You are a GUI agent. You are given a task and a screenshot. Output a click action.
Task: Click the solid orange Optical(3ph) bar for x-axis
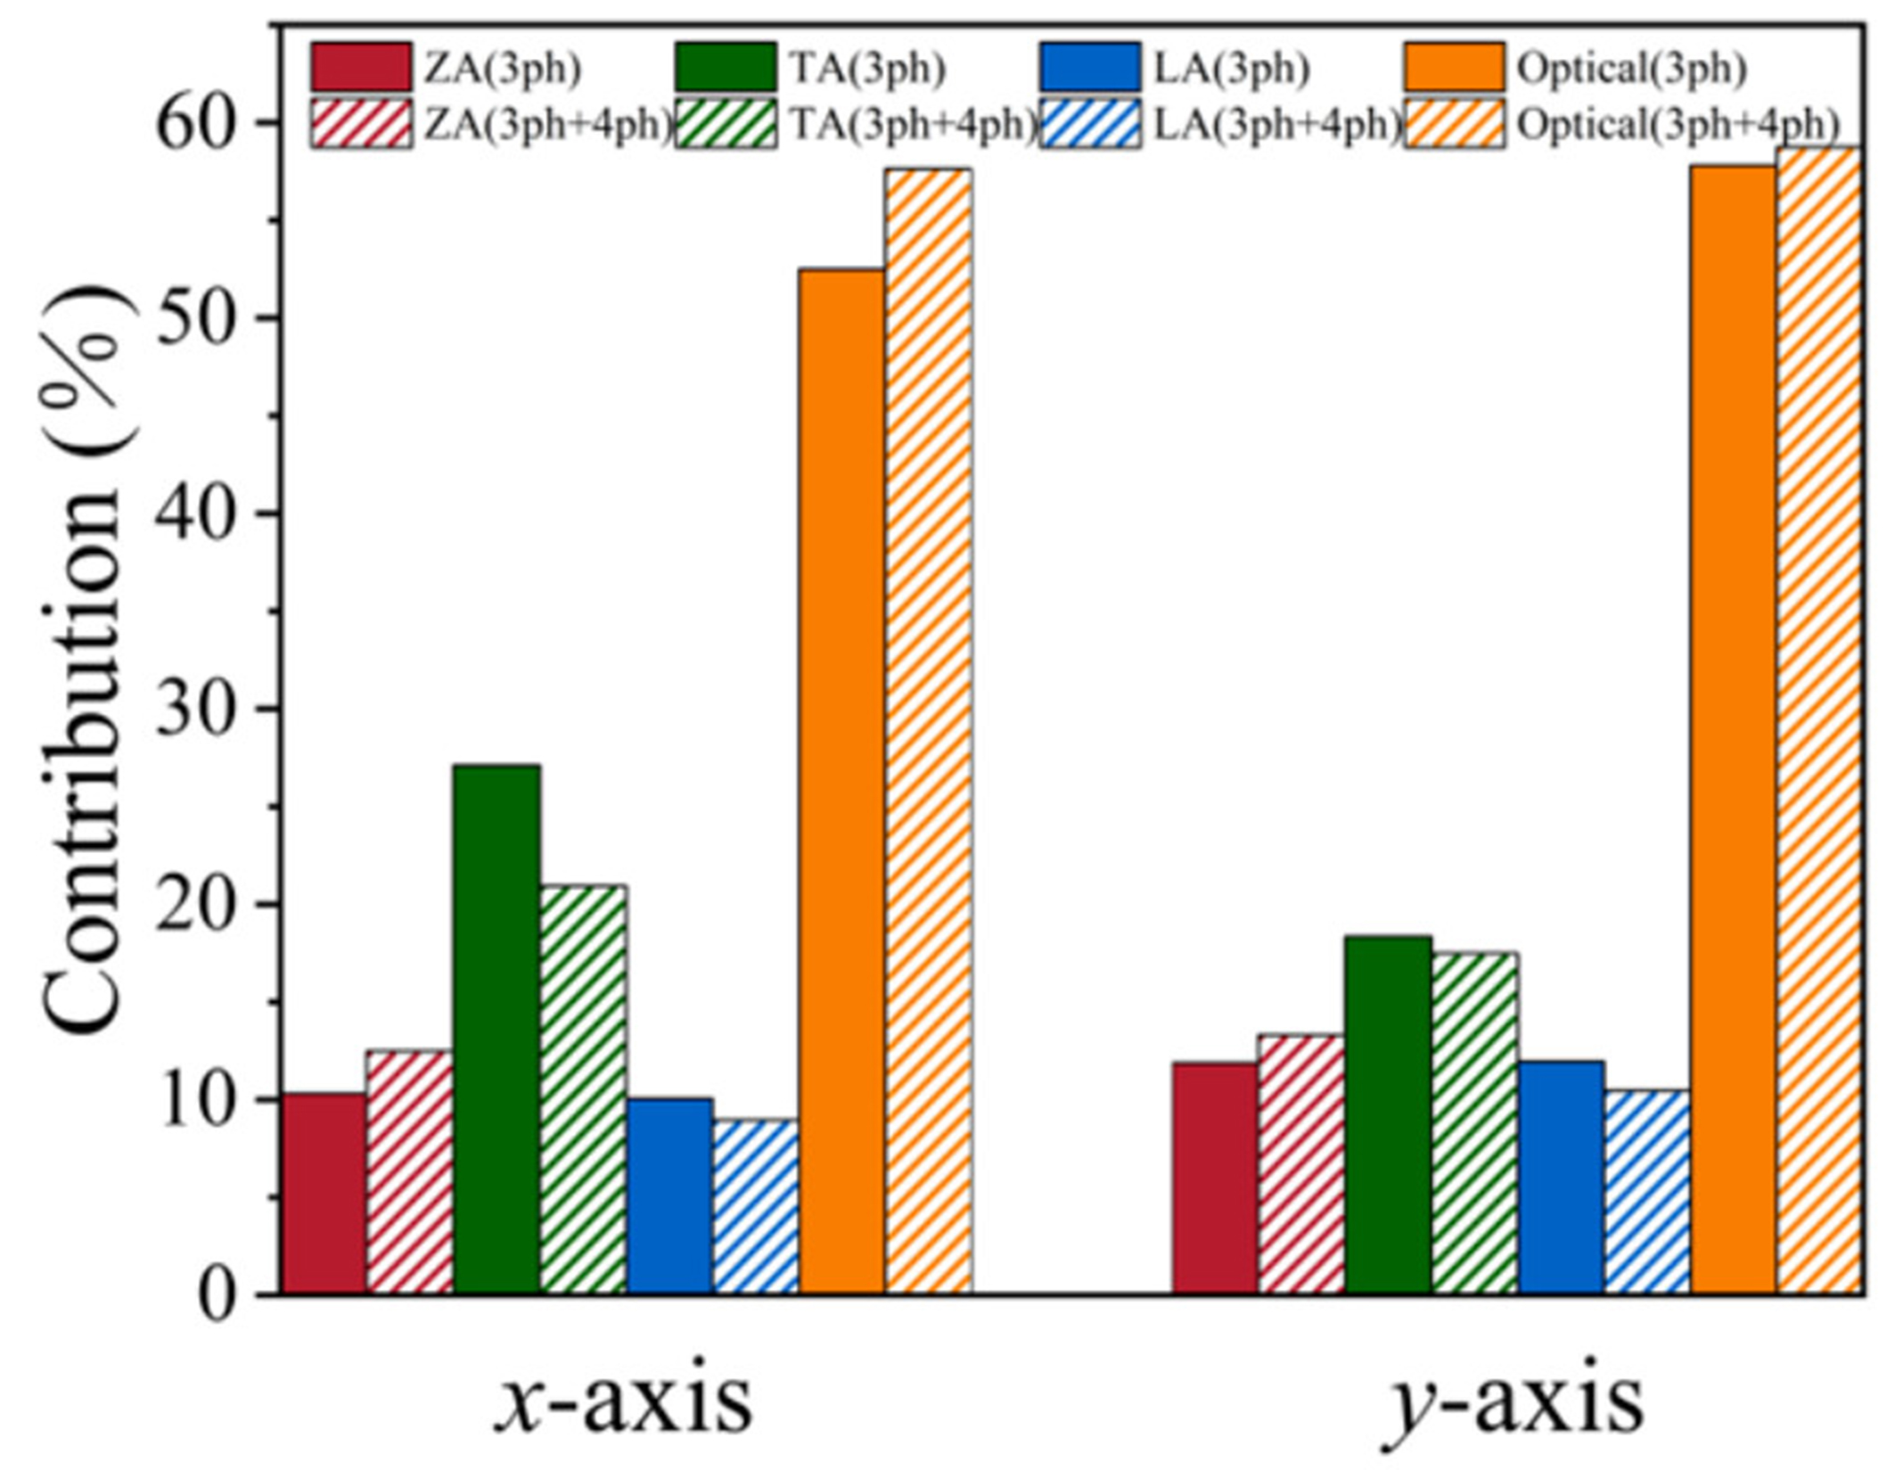point(841,781)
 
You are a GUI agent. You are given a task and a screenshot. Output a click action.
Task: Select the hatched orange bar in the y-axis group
point(1817,720)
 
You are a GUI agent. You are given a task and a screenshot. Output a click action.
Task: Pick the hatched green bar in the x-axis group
point(583,1089)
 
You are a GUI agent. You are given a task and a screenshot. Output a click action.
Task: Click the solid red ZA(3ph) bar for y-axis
point(1214,1178)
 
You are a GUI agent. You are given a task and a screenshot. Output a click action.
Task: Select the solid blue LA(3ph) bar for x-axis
point(669,1196)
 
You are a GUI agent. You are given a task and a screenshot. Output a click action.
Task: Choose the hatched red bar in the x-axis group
point(410,1172)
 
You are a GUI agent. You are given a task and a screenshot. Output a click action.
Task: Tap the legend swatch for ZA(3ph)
point(361,67)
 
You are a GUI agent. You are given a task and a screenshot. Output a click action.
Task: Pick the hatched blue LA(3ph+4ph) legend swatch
point(1090,125)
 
